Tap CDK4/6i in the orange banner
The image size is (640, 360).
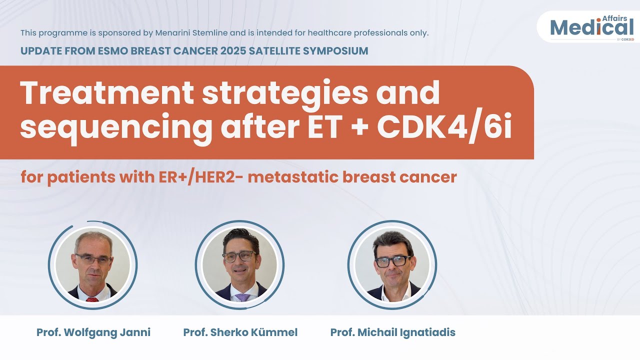tap(444, 127)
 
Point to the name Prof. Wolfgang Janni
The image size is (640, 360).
tap(93, 332)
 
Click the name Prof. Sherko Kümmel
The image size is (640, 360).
tap(240, 332)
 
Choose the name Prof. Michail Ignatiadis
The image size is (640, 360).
tap(393, 332)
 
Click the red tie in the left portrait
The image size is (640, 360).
tap(92, 299)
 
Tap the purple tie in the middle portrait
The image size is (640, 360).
tap(242, 297)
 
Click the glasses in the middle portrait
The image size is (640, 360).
tap(239, 256)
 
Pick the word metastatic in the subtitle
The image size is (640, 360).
tap(296, 177)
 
